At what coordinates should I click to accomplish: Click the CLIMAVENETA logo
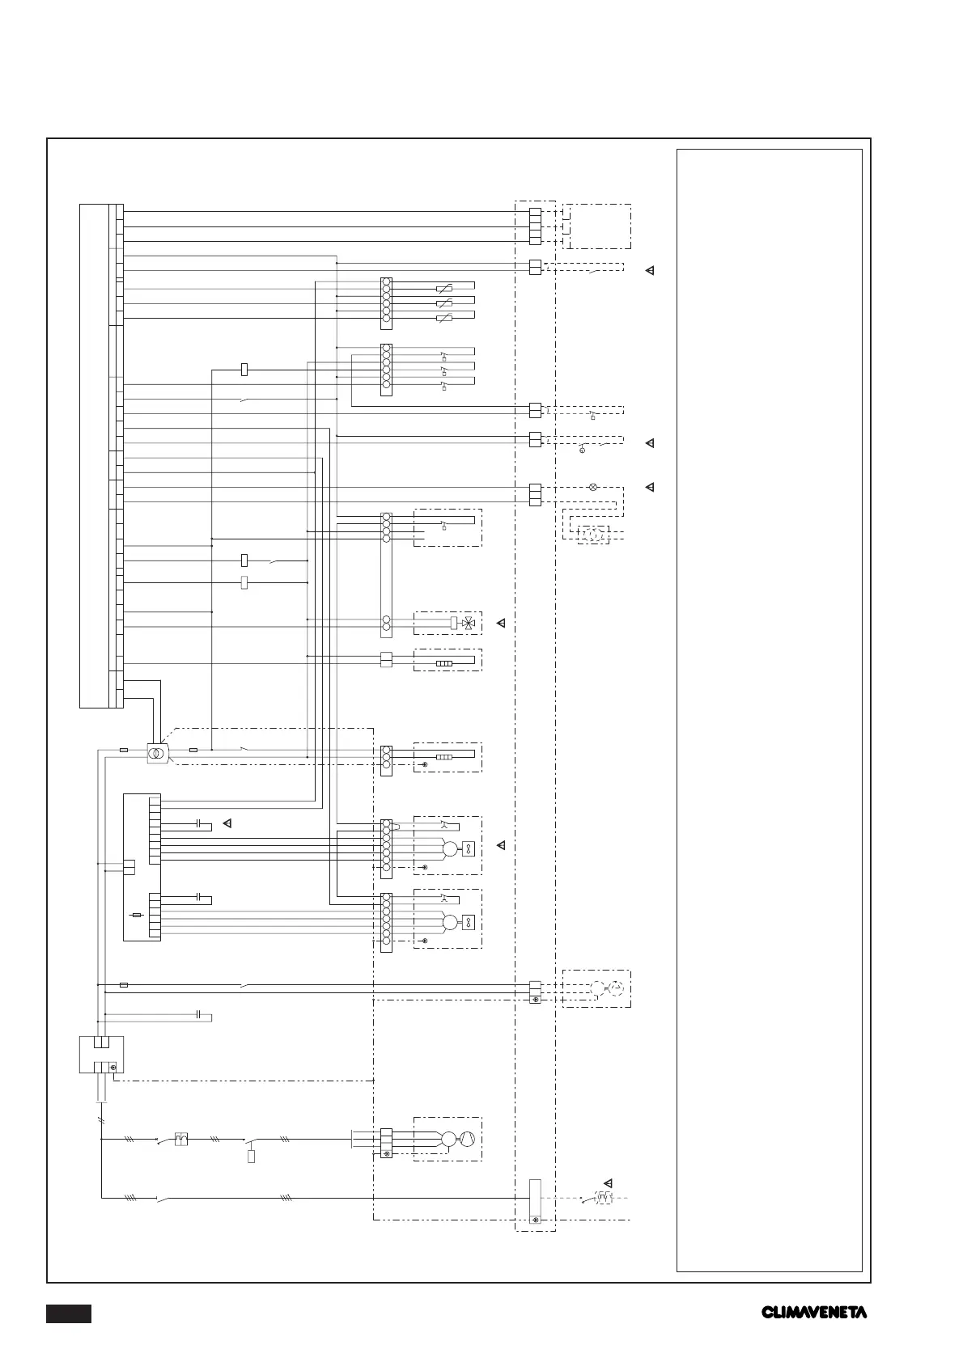[813, 1312]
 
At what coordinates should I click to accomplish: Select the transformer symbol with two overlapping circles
[156, 753]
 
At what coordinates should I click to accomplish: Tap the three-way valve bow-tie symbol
[468, 624]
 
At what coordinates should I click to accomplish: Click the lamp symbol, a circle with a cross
[592, 487]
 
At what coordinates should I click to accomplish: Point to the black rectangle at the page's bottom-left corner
[69, 1313]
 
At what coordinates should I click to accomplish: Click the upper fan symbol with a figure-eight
[468, 849]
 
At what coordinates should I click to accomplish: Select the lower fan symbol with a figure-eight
[468, 923]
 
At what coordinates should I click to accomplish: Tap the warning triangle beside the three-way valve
[501, 624]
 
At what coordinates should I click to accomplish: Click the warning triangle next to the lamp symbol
[649, 488]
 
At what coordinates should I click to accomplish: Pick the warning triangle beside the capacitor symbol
[227, 824]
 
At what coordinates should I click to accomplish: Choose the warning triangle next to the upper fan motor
[501, 845]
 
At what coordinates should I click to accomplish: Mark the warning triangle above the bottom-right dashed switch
[608, 1182]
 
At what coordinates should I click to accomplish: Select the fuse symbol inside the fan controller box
[138, 915]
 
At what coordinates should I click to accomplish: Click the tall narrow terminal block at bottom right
[534, 1201]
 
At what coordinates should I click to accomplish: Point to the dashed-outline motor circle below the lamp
[593, 535]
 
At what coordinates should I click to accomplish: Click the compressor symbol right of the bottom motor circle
[467, 1139]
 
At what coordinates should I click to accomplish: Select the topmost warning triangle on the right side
[649, 270]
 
